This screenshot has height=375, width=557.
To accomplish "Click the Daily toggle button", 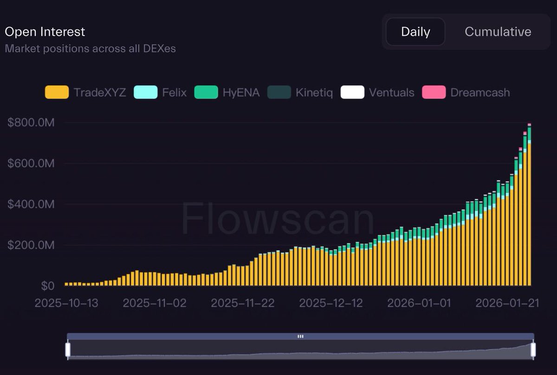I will coord(415,32).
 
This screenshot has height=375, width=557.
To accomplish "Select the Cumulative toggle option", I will coord(498,32).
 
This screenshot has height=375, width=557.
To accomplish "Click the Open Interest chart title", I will coord(45,32).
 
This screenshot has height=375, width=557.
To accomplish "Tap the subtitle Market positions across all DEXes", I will coord(91,48).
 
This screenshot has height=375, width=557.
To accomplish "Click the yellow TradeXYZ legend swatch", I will coord(57,92).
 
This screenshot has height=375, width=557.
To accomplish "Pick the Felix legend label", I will coord(175,92).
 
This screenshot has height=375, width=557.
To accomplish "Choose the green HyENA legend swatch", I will coord(206,92).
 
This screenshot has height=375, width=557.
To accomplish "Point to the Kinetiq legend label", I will coord(314,92).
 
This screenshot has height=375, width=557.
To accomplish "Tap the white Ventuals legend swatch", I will coord(352,92).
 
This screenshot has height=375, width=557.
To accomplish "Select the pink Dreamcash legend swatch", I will coord(434,92).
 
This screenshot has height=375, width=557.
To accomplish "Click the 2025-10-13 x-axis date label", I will coord(66,303).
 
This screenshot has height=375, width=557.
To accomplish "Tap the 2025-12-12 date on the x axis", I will coord(331,303).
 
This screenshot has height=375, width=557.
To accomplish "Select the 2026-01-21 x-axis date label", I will coord(507,303).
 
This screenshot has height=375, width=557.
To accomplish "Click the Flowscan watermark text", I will coord(278,219).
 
